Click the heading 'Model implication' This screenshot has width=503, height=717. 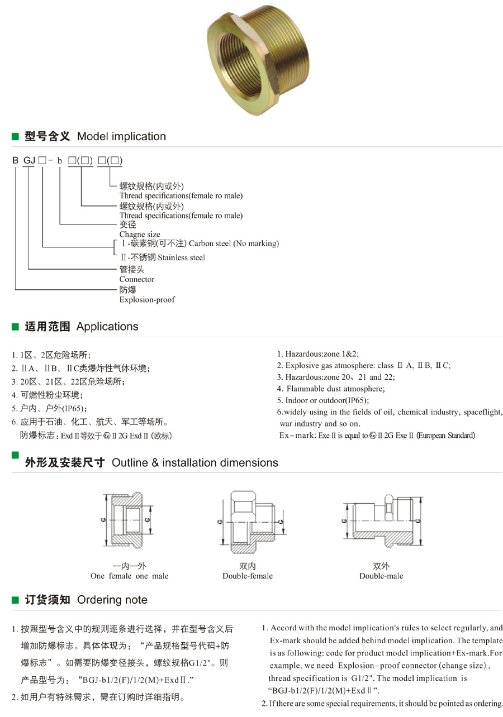[121, 136]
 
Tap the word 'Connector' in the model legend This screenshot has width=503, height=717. [137, 279]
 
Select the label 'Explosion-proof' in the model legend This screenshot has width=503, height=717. [147, 300]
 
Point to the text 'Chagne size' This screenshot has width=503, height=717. [140, 235]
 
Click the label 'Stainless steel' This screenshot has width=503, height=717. [181, 257]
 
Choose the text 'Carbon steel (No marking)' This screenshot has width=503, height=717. [234, 243]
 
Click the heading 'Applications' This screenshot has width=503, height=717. [107, 326]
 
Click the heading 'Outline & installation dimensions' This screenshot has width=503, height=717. [195, 462]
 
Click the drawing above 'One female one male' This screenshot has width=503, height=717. [127, 520]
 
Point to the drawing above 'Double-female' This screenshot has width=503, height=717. [251, 520]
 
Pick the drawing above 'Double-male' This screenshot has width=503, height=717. [380, 520]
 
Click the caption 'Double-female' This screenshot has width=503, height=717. [248, 576]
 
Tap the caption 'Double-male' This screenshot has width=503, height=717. [381, 576]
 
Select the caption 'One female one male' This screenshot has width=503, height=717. [129, 576]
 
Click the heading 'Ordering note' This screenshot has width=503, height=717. [112, 600]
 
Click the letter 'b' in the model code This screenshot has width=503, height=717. [59, 161]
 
